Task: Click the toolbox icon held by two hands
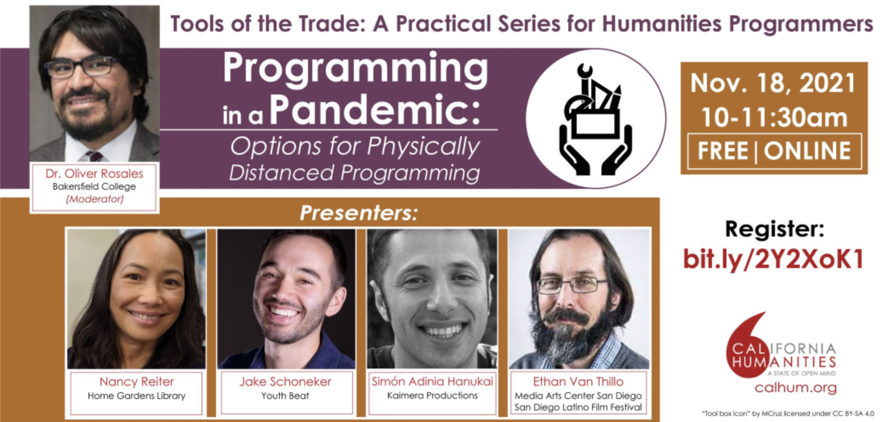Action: (x=595, y=119)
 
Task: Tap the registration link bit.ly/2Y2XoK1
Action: (x=773, y=259)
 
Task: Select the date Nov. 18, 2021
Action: (x=773, y=83)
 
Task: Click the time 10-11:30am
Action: (x=774, y=117)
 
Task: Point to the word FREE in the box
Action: (x=723, y=151)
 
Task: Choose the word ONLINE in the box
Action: (x=807, y=151)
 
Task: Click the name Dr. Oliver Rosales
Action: (x=94, y=174)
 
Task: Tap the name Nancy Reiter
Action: (x=137, y=382)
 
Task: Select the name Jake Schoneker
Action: (x=285, y=382)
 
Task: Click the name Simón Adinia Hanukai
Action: (x=432, y=381)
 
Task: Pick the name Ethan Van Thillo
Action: (x=578, y=382)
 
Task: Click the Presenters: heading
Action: (x=359, y=213)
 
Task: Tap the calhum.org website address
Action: (x=795, y=388)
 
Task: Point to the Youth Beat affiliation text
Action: (x=285, y=396)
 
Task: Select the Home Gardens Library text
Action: (x=137, y=396)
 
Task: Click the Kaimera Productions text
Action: (x=432, y=396)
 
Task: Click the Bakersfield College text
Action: (x=94, y=186)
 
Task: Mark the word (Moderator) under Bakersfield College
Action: (x=94, y=199)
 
